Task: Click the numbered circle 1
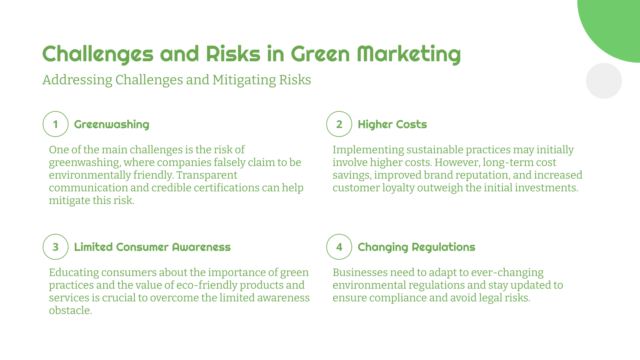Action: pos(56,124)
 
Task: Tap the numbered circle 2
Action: pos(339,124)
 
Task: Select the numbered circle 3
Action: pos(56,247)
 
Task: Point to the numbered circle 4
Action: pos(339,247)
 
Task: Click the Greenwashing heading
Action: pos(112,124)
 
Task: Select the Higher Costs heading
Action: pos(392,124)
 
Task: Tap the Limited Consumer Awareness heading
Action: pos(152,247)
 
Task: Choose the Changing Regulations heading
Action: pos(416,247)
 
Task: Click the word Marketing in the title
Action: pos(408,54)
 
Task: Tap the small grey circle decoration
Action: pos(604,81)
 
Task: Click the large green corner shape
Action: pos(616,24)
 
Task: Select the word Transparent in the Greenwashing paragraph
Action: pos(207,175)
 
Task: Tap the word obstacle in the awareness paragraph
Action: pos(70,311)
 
